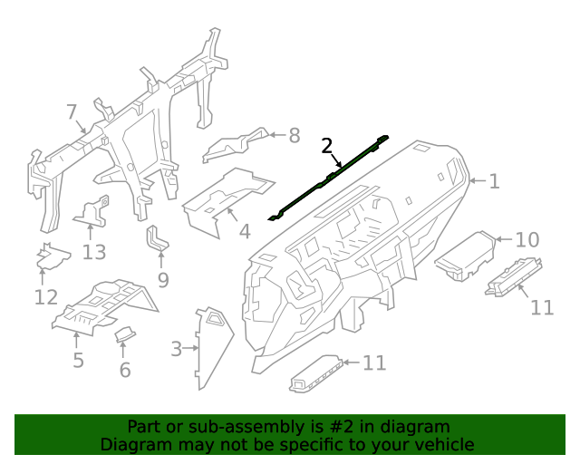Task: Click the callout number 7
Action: pyautogui.click(x=72, y=111)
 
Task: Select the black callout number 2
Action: pyautogui.click(x=326, y=145)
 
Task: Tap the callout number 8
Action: pyautogui.click(x=293, y=136)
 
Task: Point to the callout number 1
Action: pyautogui.click(x=494, y=181)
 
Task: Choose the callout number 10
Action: pyautogui.click(x=527, y=239)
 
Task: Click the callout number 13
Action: pyautogui.click(x=94, y=252)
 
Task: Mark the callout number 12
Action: pyautogui.click(x=46, y=296)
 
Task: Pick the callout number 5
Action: pyautogui.click(x=79, y=360)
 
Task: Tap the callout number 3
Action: pyautogui.click(x=176, y=347)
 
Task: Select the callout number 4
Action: pyautogui.click(x=244, y=232)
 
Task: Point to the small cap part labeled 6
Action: pyautogui.click(x=125, y=336)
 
